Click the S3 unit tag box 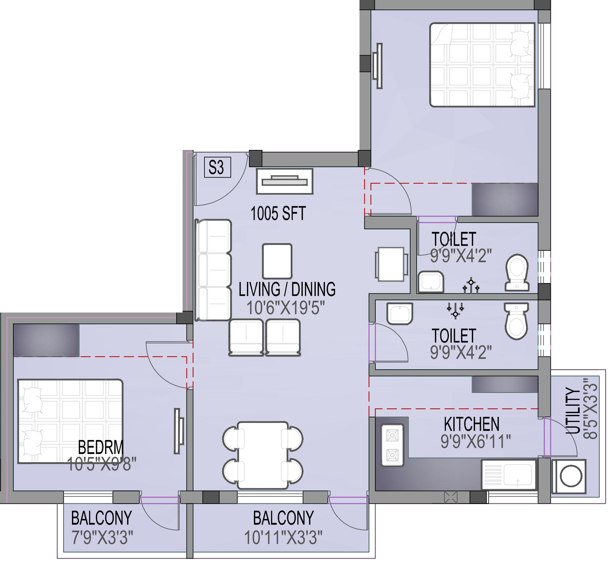pyautogui.click(x=217, y=167)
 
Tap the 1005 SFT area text pyautogui.click(x=278, y=213)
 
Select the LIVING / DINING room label pyautogui.click(x=287, y=289)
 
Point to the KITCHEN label pyautogui.click(x=471, y=424)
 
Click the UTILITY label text pyautogui.click(x=574, y=410)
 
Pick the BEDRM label pyautogui.click(x=101, y=447)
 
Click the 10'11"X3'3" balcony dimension pyautogui.click(x=283, y=538)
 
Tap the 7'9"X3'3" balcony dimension pyautogui.click(x=102, y=538)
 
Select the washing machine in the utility pyautogui.click(x=569, y=476)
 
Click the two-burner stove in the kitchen pyautogui.click(x=392, y=445)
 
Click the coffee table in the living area pyautogui.click(x=277, y=261)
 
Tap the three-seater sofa pyautogui.click(x=213, y=270)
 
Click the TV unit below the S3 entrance pyautogui.click(x=284, y=181)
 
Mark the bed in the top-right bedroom pyautogui.click(x=482, y=65)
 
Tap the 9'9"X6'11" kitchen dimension pyautogui.click(x=476, y=441)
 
